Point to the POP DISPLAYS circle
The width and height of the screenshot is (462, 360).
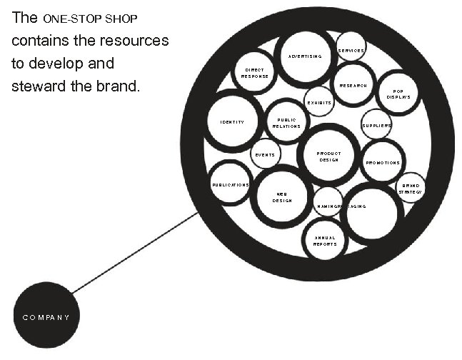click(398, 94)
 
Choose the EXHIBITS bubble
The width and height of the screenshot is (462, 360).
click(318, 101)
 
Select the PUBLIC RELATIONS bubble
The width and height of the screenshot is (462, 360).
click(286, 122)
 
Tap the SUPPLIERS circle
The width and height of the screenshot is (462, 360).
click(376, 125)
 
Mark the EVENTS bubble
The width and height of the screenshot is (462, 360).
click(265, 154)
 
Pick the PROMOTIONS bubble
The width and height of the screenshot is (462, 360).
click(382, 161)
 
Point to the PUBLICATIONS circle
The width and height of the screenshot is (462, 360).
click(230, 184)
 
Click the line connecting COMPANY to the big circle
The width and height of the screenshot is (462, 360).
click(136, 252)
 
